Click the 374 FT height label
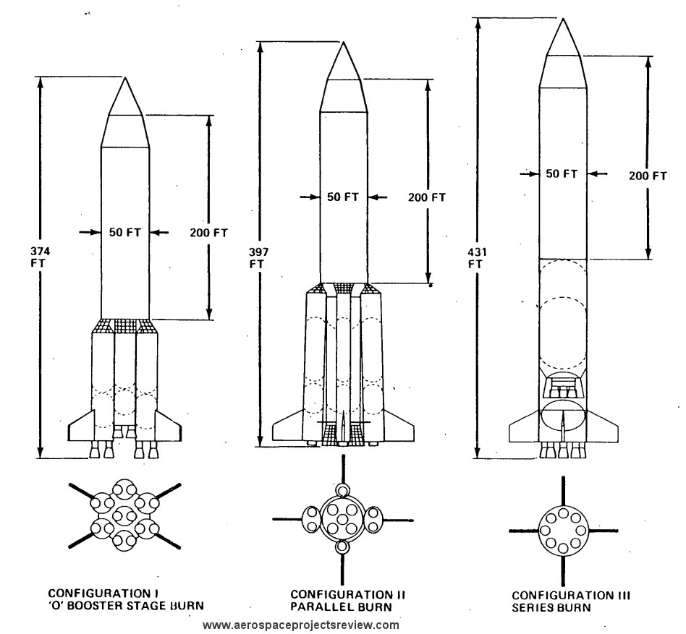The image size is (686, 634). click(40, 257)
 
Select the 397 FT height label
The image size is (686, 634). click(258, 258)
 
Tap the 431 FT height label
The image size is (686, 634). click(477, 258)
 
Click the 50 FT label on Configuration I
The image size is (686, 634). click(125, 232)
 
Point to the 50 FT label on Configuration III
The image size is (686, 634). click(562, 174)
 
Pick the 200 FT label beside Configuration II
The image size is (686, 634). click(427, 197)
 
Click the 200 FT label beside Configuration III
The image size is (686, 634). click(648, 176)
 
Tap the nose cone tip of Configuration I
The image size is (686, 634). click(125, 78)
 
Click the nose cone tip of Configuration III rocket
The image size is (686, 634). click(563, 19)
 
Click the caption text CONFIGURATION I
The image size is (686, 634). click(103, 593)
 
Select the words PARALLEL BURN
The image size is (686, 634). click(342, 607)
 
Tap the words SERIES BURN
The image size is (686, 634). click(551, 607)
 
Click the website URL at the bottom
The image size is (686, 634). click(301, 625)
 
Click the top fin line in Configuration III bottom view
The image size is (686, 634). click(563, 491)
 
